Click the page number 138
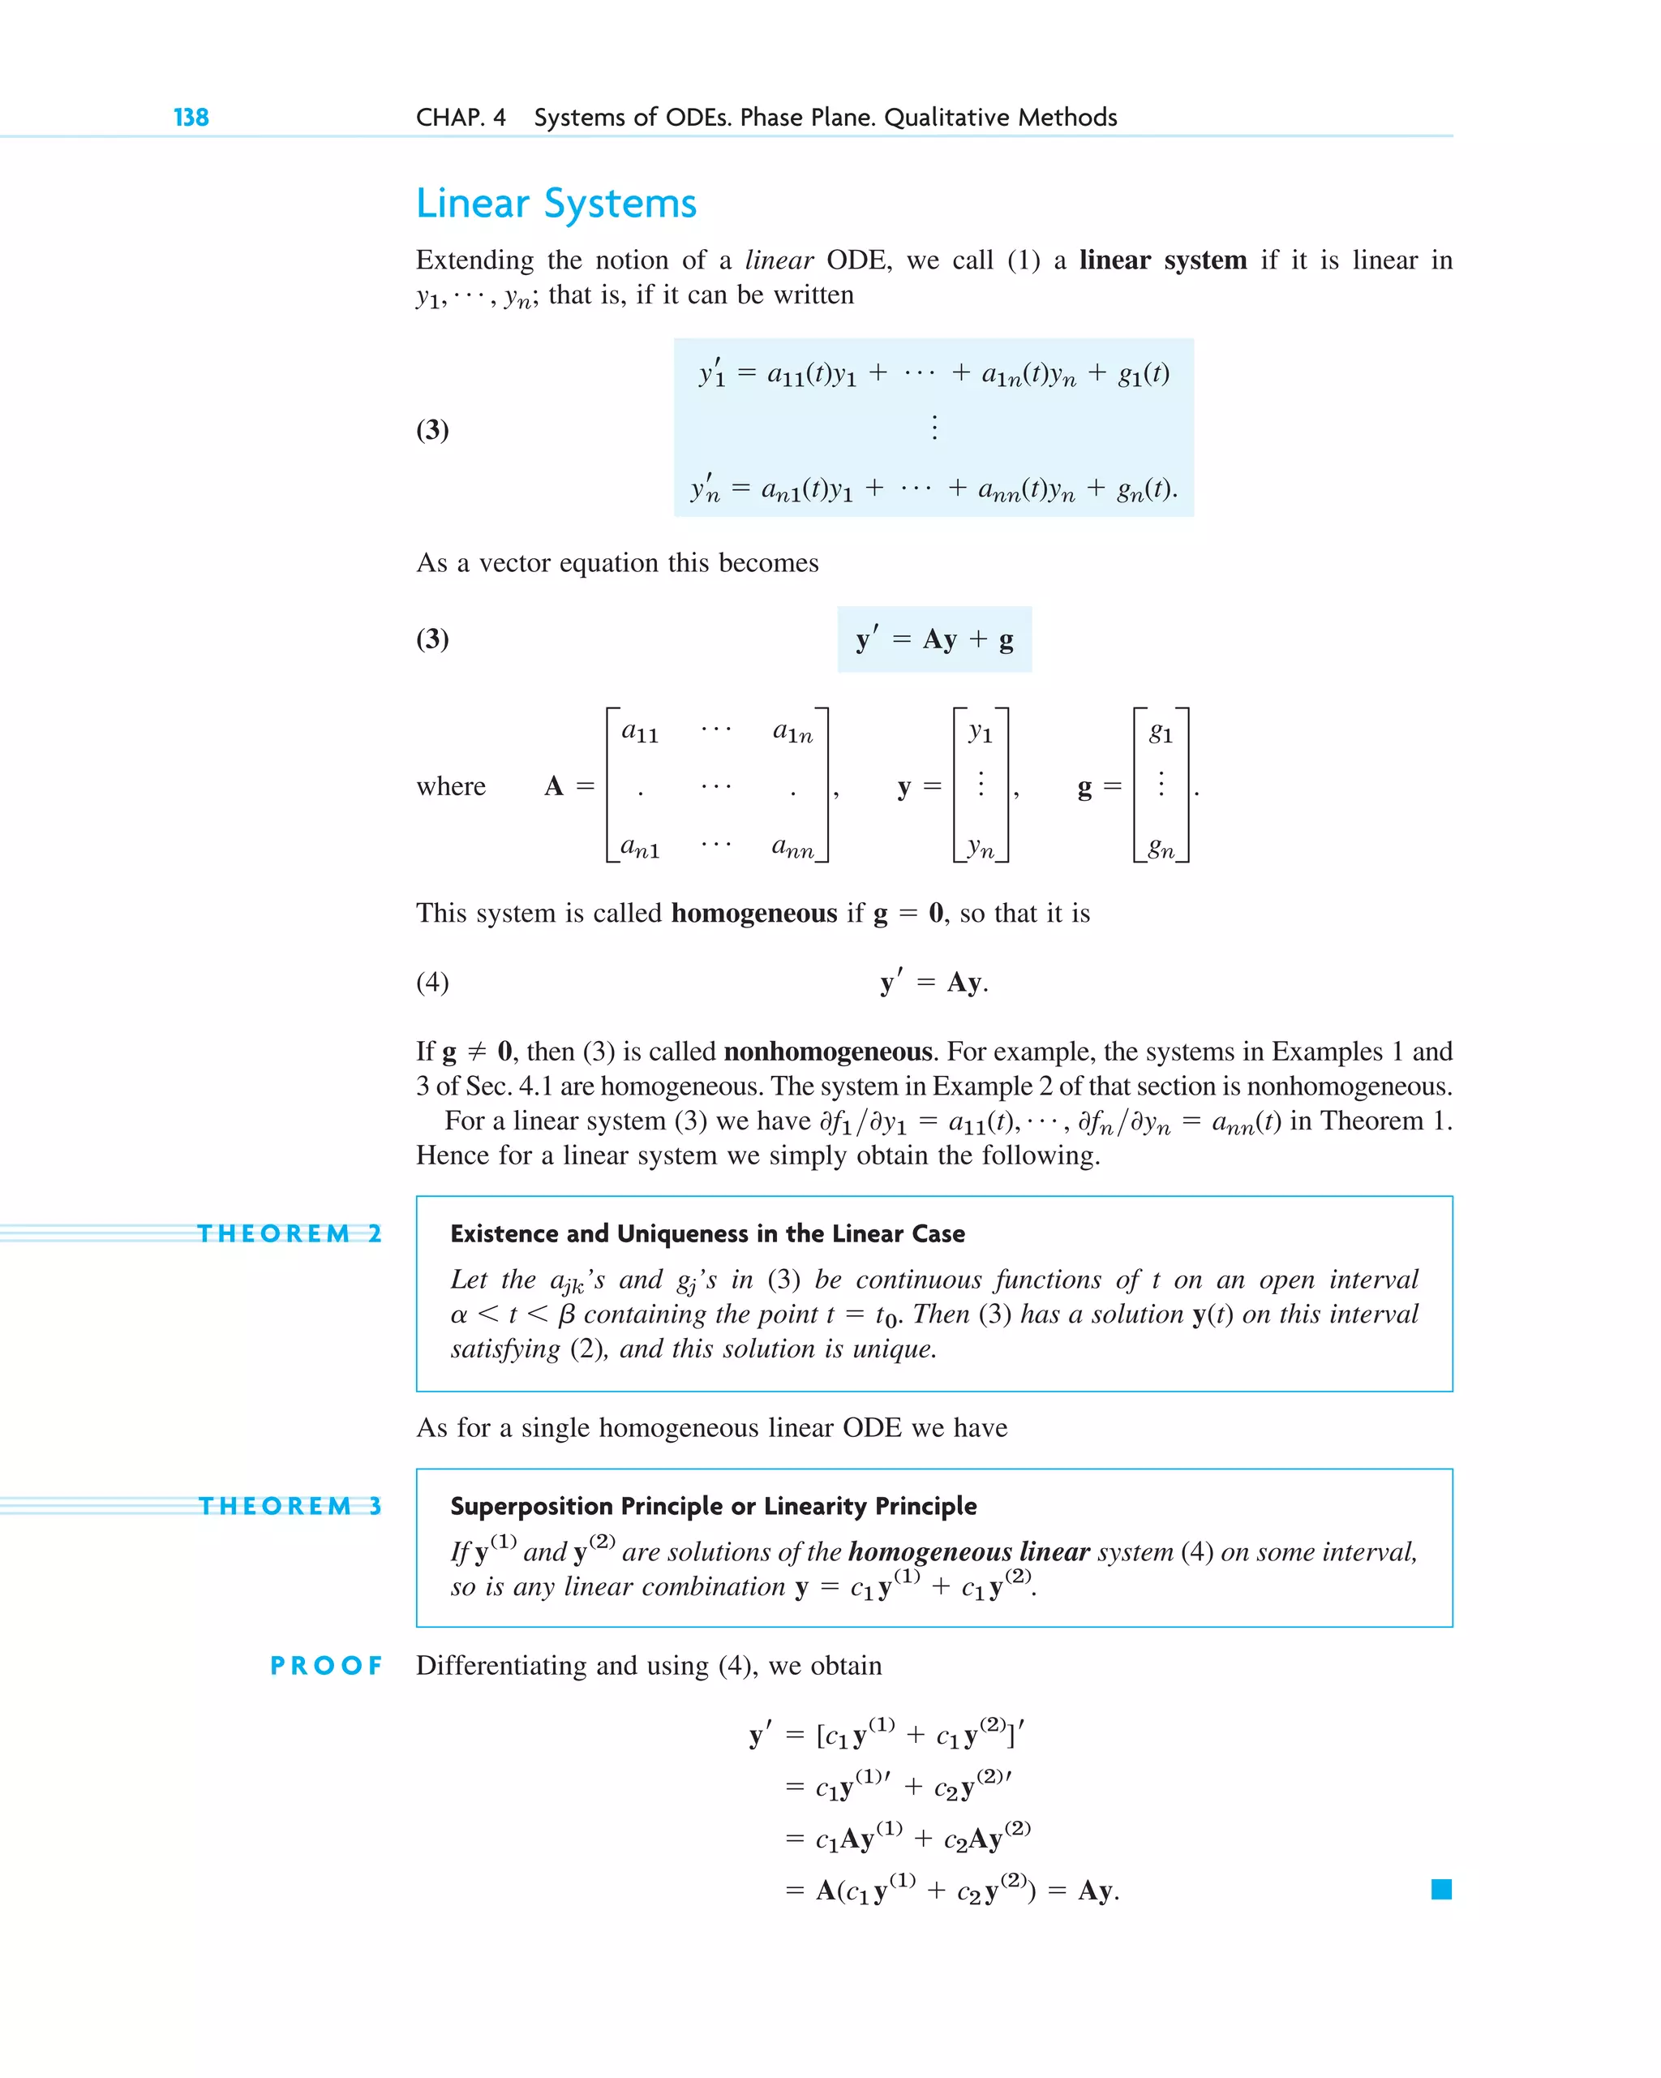(x=191, y=118)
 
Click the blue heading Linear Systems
(x=556, y=204)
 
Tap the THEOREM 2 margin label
(x=289, y=1233)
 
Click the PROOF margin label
(x=326, y=1667)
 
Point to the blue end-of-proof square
(x=1441, y=1889)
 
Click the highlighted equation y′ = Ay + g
(x=934, y=639)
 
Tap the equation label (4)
(x=432, y=982)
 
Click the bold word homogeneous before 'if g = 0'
(x=753, y=913)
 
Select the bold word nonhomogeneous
(x=827, y=1051)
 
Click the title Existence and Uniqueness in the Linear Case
(x=707, y=1233)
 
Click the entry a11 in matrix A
(x=640, y=733)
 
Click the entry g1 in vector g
(x=1161, y=734)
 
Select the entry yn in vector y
(x=981, y=848)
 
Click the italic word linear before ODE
(x=779, y=260)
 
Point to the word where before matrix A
(x=451, y=786)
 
